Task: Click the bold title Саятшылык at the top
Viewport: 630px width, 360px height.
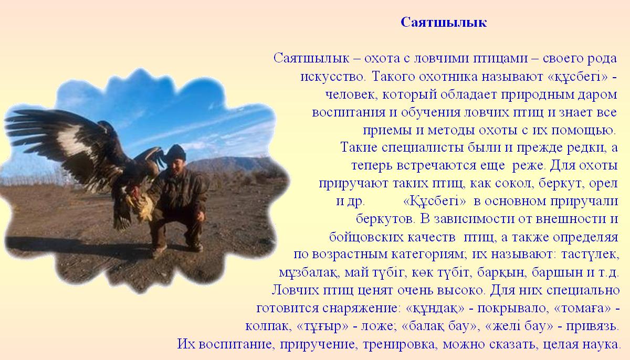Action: click(x=444, y=23)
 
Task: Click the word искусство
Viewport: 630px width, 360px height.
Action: click(x=333, y=77)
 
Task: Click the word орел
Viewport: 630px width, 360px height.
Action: click(x=603, y=184)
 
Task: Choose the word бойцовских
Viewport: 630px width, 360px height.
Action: click(x=365, y=237)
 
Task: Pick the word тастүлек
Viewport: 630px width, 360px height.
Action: click(x=590, y=255)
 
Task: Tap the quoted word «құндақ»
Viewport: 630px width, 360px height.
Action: click(x=435, y=308)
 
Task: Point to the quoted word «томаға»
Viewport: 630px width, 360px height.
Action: click(x=582, y=308)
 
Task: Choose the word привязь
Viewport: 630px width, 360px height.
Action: click(x=592, y=326)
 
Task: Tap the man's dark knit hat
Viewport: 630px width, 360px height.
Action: click(x=176, y=152)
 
